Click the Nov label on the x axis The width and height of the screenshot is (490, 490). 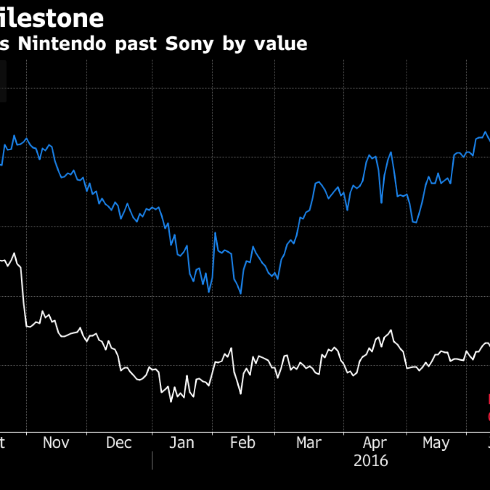coord(56,443)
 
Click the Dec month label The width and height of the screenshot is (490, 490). coord(119,443)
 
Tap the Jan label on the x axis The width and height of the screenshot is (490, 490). coord(182,443)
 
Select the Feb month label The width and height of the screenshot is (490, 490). coord(243,443)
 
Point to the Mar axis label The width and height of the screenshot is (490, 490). coord(309,443)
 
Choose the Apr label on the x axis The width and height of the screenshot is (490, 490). coord(374,443)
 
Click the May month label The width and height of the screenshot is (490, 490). coord(436,443)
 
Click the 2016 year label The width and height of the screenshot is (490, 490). coord(371,461)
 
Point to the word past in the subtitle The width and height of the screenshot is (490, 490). coord(138,44)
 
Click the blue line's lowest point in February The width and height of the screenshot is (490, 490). coord(241,293)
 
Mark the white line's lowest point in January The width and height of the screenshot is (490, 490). coord(171,401)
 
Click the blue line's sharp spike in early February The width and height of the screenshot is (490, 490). coord(215,233)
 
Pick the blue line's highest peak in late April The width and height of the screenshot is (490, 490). coord(391,152)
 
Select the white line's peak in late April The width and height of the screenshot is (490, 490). coord(391,330)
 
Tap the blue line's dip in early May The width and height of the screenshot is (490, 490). coord(415,223)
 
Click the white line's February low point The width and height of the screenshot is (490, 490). coord(240,394)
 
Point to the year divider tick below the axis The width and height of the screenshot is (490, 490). coord(152,460)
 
